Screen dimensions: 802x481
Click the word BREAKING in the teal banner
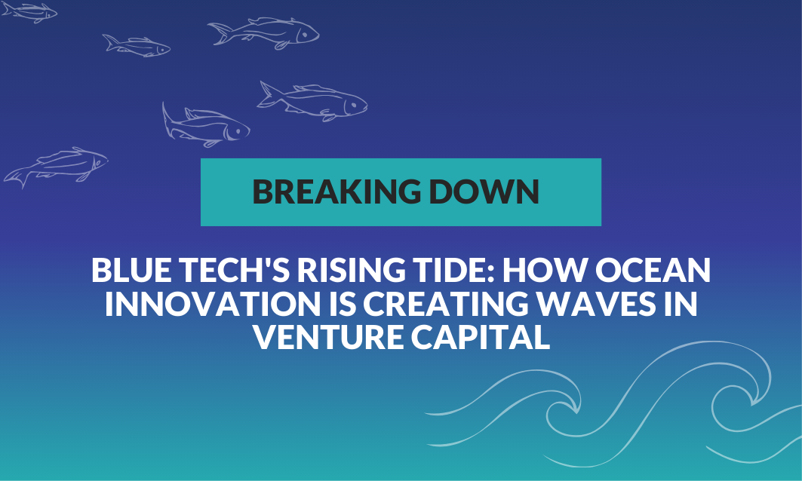point(336,191)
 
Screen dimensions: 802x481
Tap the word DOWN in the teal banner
point(484,191)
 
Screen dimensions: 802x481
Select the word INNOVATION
point(212,303)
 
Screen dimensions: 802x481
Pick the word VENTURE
point(328,336)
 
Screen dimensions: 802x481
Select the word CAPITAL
point(481,336)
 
